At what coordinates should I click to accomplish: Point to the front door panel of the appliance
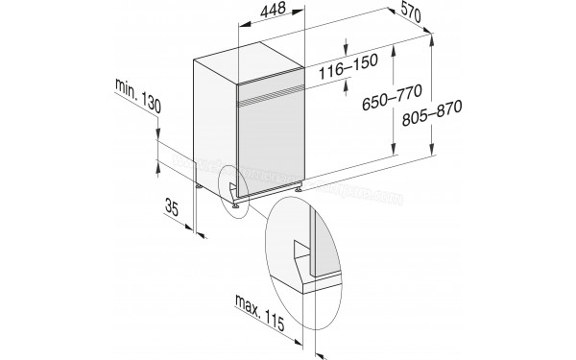pyautogui.click(x=269, y=144)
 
